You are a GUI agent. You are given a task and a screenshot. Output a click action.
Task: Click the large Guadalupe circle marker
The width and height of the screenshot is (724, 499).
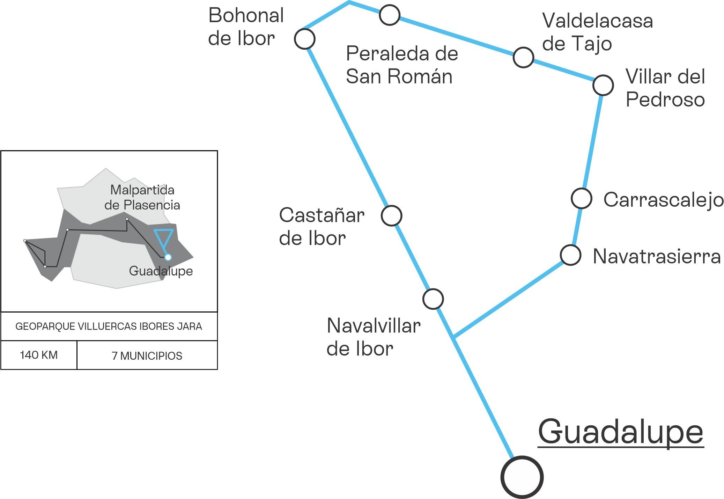pos(522,477)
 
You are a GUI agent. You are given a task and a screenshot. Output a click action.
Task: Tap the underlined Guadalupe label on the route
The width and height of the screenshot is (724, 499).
pos(621,433)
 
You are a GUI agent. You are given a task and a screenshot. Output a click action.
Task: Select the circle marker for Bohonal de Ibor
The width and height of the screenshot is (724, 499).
pos(305,39)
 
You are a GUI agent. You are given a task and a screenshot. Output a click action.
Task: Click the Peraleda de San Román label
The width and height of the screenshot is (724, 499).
pos(402,65)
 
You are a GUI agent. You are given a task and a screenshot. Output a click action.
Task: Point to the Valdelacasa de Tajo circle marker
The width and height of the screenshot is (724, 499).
pos(523,57)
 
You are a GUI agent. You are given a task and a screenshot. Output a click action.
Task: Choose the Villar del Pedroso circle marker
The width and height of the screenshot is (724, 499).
pos(603,85)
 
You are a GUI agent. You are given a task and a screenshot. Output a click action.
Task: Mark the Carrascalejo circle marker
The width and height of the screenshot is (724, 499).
pos(582,198)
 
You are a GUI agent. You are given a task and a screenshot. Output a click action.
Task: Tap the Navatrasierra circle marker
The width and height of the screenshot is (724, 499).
pos(571,255)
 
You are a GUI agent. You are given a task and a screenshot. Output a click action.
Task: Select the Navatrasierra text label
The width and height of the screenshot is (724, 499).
pos(657,256)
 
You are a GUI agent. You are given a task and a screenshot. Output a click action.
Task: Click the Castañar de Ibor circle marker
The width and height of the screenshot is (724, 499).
pos(392,216)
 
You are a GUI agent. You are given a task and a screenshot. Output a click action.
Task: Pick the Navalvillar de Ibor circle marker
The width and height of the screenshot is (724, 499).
pos(433,299)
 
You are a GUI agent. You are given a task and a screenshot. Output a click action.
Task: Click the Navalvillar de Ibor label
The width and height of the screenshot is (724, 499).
pos(374,337)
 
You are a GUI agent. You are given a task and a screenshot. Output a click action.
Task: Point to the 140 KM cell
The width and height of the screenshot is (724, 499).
pos(39,355)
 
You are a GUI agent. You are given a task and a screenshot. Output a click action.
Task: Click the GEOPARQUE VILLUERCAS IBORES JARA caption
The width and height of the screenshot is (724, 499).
pos(109,326)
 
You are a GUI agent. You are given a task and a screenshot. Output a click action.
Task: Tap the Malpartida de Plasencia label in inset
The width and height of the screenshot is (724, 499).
pos(142,197)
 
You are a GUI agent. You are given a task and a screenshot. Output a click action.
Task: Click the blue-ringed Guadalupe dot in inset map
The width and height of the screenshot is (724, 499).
pos(168,257)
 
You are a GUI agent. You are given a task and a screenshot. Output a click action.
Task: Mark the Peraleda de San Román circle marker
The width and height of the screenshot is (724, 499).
pos(390,15)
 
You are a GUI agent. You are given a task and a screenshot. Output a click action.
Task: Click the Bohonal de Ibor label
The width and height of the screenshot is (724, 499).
pos(246,27)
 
